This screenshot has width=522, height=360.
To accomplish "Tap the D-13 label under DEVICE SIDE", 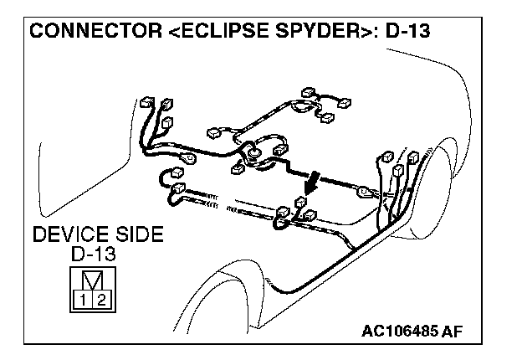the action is click(x=93, y=253).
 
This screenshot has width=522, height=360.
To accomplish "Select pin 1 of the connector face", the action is click(x=84, y=299).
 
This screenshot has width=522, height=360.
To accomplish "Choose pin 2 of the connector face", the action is click(x=101, y=299).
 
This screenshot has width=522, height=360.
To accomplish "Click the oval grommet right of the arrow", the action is click(x=363, y=192).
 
